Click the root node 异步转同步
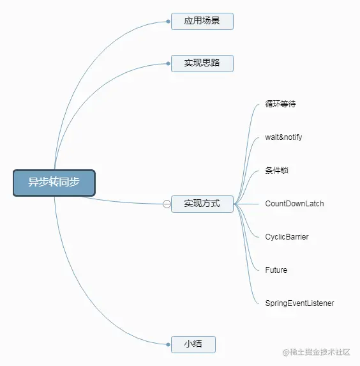(x=54, y=183)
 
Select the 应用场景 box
(x=202, y=21)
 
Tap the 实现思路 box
(x=202, y=63)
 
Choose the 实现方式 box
(x=202, y=204)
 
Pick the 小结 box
(x=193, y=344)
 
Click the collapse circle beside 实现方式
(x=167, y=204)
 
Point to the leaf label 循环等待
(x=280, y=104)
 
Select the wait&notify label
(x=284, y=137)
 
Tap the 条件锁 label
(x=277, y=171)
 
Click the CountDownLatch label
(x=294, y=204)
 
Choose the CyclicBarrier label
(x=287, y=237)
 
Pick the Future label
(x=276, y=270)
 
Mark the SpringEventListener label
(x=299, y=303)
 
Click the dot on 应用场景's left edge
(x=168, y=21)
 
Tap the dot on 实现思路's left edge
(x=168, y=63)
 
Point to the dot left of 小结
(x=168, y=344)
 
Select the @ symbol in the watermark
(x=285, y=352)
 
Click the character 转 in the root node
(x=54, y=183)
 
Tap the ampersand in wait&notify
(x=281, y=137)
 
